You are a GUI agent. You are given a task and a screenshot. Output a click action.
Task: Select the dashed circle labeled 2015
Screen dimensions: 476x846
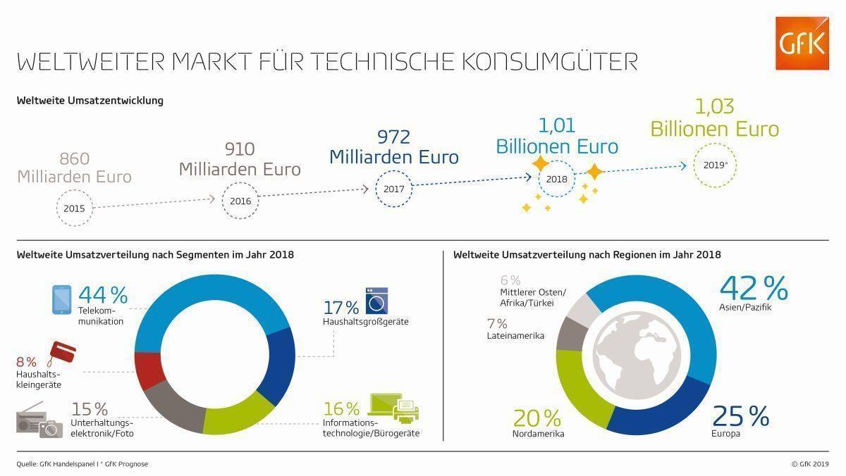click(74, 209)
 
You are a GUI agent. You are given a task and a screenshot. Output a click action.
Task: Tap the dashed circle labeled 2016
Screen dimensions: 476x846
click(240, 200)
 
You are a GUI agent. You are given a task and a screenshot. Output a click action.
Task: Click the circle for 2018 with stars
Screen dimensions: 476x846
click(557, 179)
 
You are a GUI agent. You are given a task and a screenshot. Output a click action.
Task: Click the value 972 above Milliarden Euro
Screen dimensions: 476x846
click(393, 137)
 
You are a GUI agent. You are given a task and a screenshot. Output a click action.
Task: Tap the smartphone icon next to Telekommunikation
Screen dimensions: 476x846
click(62, 299)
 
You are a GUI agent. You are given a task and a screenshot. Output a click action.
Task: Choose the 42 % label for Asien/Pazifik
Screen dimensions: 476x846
click(753, 289)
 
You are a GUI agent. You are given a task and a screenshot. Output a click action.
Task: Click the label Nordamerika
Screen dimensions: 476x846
click(538, 434)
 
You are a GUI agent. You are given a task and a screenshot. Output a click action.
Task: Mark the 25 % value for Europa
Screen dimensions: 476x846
click(740, 417)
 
